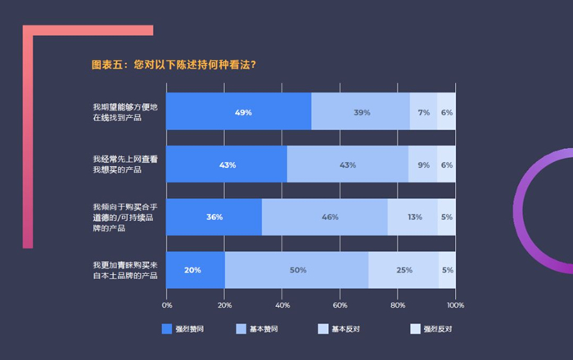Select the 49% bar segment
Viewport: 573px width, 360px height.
pos(239,112)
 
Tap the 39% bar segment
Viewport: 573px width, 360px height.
pos(361,112)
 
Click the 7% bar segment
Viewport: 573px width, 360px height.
pos(423,112)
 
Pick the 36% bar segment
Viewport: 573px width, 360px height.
pos(214,217)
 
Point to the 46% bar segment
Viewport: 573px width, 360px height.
pos(325,217)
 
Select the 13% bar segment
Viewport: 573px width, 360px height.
pos(413,217)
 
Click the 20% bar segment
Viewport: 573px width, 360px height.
pos(196,270)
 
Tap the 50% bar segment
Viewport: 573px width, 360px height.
pos(297,270)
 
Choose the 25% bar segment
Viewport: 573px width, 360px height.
pos(404,270)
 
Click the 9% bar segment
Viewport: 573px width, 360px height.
pos(423,164)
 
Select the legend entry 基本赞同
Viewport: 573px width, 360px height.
pos(255,329)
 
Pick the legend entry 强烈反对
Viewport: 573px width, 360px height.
pos(431,329)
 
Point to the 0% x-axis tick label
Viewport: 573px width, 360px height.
pos(167,305)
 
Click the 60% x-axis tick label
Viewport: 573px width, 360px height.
pos(340,305)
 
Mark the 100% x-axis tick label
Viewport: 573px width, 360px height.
pos(455,305)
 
